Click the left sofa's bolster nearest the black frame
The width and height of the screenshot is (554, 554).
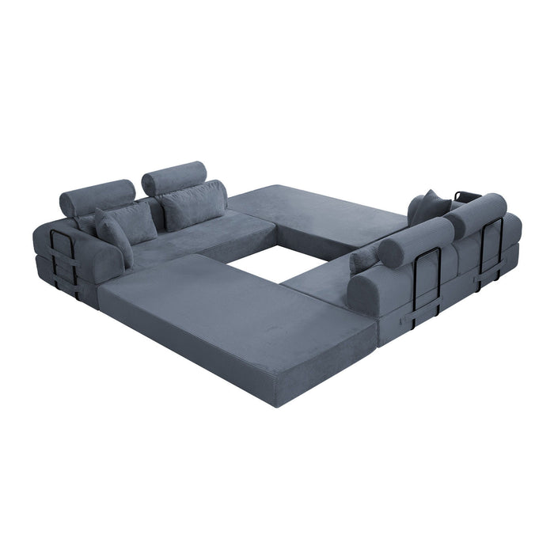coord(97,196)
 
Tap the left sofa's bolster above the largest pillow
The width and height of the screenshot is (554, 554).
coord(173,176)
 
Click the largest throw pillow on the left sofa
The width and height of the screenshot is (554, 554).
coord(195,205)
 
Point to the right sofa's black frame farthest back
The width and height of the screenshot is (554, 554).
coord(491,246)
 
